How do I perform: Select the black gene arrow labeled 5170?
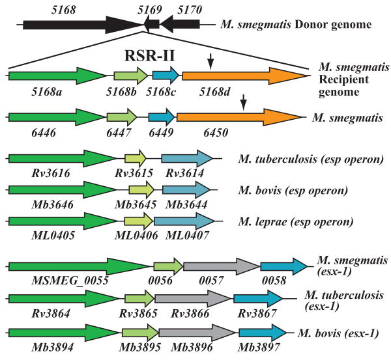(179, 24)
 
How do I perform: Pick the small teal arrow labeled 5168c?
(166, 76)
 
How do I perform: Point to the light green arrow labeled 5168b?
(131, 76)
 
